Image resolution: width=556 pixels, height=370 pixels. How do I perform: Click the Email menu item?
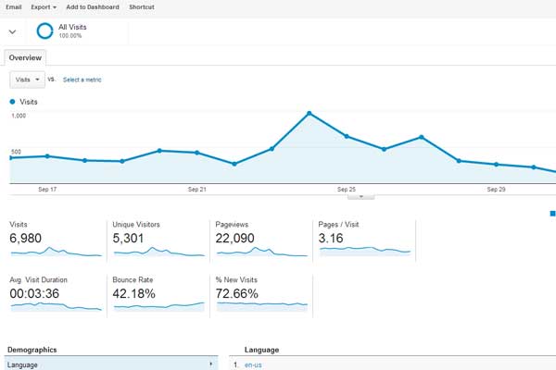tap(14, 6)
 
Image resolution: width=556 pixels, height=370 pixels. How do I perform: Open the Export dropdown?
tap(44, 6)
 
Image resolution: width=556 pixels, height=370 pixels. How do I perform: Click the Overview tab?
tap(25, 57)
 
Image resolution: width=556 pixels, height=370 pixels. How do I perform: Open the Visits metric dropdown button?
tap(27, 80)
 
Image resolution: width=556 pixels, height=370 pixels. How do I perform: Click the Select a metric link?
tap(82, 80)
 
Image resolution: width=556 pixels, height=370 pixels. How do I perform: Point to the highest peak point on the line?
tap(309, 114)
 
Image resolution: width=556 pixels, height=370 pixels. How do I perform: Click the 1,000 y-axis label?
tap(19, 116)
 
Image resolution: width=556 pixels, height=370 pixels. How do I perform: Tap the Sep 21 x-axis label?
tap(197, 189)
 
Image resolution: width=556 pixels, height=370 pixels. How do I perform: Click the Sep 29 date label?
tap(496, 189)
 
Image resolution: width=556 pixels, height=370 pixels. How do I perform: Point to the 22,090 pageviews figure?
tap(235, 239)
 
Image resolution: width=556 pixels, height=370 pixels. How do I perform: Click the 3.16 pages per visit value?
tap(331, 239)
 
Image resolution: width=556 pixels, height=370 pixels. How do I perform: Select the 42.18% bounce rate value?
tap(133, 293)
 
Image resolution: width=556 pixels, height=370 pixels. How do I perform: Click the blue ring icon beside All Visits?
tap(44, 31)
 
